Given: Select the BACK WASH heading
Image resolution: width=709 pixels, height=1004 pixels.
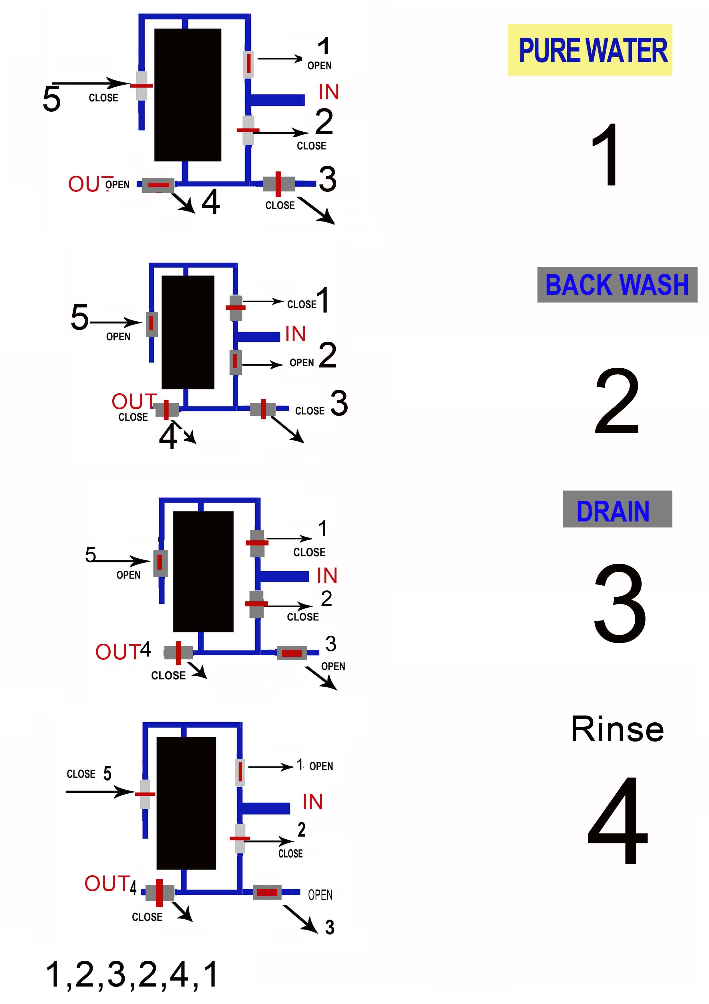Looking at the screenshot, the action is (x=617, y=285).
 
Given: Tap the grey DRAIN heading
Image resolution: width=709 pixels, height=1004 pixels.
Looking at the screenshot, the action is (x=617, y=509).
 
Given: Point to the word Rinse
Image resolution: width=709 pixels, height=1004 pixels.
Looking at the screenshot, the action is (x=617, y=729).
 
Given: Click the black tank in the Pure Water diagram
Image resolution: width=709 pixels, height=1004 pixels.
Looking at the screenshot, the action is (x=188, y=95).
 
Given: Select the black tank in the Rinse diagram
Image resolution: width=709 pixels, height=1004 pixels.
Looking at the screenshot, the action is (x=186, y=803).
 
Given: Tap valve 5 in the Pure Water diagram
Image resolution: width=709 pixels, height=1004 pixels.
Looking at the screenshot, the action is (x=141, y=86).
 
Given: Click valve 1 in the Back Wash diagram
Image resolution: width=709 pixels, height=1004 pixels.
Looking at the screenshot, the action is (x=236, y=307).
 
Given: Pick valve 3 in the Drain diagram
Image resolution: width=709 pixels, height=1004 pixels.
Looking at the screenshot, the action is (x=292, y=653).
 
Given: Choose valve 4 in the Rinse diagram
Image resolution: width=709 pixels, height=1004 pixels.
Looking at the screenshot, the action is (x=160, y=892).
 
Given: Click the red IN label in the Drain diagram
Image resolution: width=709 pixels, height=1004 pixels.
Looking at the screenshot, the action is (x=327, y=575).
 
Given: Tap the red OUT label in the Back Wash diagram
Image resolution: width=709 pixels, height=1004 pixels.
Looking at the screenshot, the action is (x=134, y=401).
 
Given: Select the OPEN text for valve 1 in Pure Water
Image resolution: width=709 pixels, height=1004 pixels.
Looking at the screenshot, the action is (x=319, y=66).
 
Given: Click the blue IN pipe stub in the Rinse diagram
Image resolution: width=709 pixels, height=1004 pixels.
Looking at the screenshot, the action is (x=266, y=808).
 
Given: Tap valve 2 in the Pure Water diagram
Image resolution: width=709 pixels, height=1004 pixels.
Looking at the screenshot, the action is (x=248, y=130).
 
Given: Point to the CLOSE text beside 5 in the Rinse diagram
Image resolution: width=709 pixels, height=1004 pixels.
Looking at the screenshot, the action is (x=81, y=774).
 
